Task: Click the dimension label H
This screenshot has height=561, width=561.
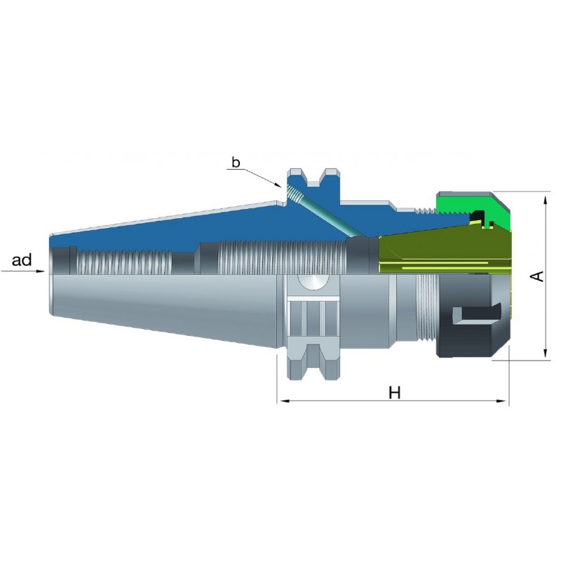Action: [395, 393]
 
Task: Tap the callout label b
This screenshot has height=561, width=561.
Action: [236, 163]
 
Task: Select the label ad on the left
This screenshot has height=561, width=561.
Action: [22, 260]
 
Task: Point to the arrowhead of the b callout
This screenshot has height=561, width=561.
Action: [277, 184]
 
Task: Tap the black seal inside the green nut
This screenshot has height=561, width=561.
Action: [480, 217]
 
